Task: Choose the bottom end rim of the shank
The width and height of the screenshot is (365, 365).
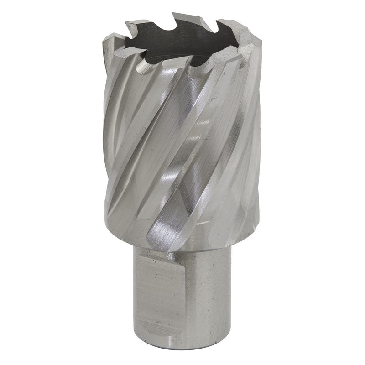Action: [x=182, y=343]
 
